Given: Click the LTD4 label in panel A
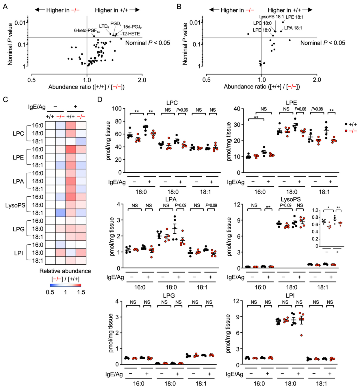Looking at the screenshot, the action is (104, 26).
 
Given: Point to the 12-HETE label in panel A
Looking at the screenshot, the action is (131, 34).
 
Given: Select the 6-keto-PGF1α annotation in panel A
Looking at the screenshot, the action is (87, 31).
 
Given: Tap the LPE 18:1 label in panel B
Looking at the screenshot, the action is (294, 17).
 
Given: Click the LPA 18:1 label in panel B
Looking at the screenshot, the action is (293, 28).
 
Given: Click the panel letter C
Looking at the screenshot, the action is (5, 99).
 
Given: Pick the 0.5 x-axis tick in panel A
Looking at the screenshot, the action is (31, 80).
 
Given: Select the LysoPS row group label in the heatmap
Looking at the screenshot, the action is (15, 205).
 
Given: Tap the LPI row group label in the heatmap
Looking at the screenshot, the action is (18, 253).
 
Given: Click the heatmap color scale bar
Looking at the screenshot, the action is (65, 285).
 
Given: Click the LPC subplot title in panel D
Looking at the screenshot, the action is (172, 103).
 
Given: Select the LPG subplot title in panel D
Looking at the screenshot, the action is (169, 295).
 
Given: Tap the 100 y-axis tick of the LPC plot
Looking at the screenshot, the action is (117, 109).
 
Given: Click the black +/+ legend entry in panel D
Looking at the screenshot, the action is (350, 124).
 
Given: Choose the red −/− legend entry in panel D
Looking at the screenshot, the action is (350, 131).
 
